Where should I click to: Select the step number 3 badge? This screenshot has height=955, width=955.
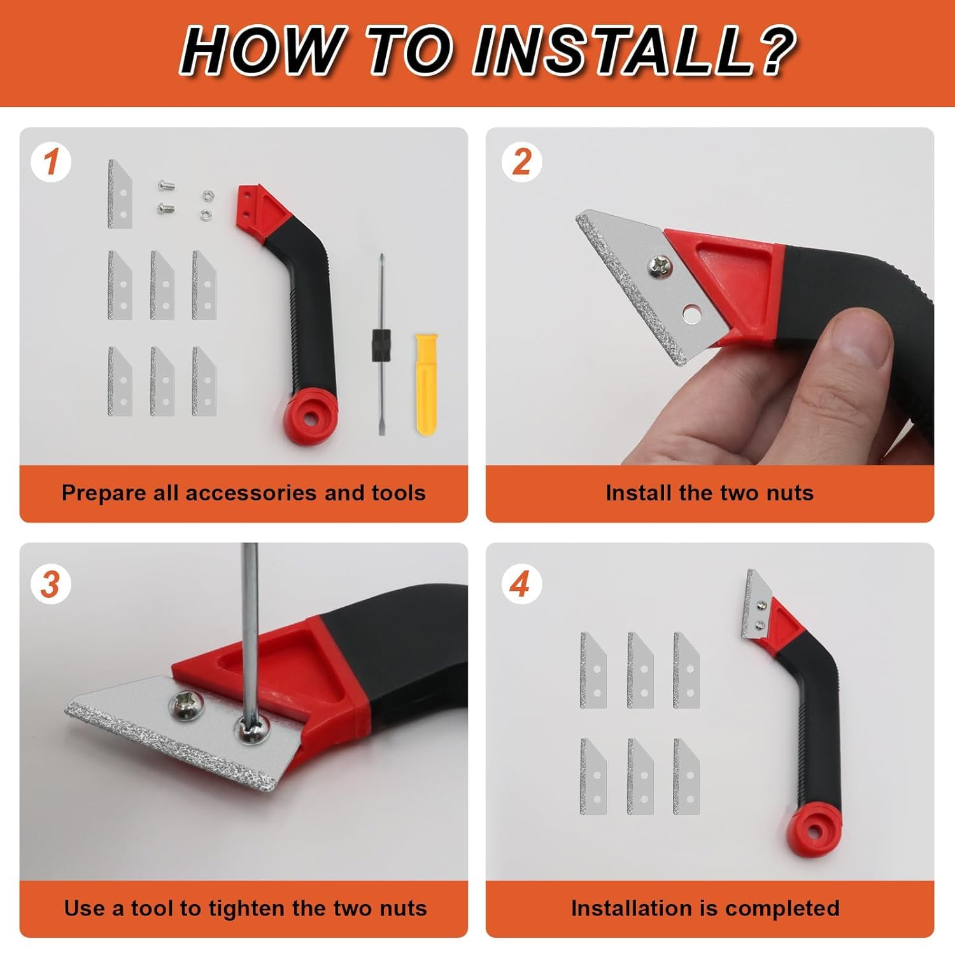(51, 584)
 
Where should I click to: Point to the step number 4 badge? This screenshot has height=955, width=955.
(521, 584)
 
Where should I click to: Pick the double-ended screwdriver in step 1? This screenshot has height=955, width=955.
(380, 344)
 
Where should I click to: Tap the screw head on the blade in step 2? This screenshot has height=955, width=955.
(658, 265)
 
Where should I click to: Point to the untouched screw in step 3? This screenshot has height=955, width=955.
(185, 706)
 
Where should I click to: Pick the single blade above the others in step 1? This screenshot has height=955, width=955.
(120, 194)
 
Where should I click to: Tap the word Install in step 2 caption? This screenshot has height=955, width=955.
(634, 493)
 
